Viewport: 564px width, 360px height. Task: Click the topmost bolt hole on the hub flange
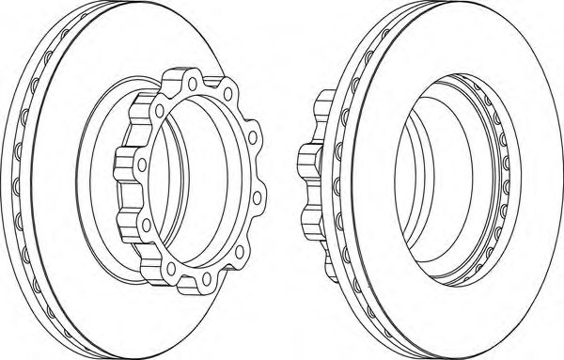[x=192, y=83]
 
